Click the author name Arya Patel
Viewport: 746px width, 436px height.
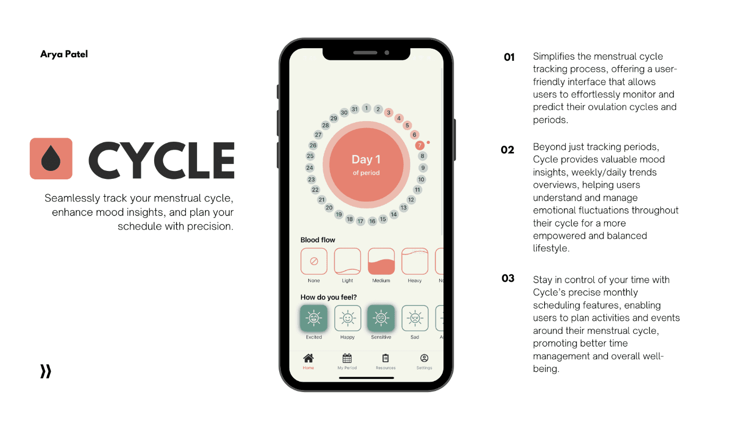(64, 54)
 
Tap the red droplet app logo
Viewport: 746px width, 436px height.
(51, 159)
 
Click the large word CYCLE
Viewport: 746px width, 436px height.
(162, 160)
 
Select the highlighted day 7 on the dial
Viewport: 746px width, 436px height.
(420, 146)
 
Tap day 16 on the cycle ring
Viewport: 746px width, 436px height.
(372, 221)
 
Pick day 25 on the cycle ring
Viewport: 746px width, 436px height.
(310, 156)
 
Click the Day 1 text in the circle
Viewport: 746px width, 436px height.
(366, 160)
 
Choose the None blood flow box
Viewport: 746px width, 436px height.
(314, 261)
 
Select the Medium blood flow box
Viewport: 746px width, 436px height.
(381, 261)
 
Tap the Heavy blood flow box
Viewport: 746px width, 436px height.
(415, 261)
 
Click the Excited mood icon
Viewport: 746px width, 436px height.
(314, 318)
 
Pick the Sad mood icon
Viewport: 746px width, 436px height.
(415, 318)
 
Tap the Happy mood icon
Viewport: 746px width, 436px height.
(348, 318)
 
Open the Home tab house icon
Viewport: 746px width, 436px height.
(308, 358)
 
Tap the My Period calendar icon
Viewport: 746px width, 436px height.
(347, 358)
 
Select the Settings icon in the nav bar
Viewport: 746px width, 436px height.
(424, 358)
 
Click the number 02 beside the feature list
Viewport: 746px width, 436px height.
(508, 150)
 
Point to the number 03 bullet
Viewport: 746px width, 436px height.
(508, 278)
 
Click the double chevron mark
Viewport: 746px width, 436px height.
(46, 371)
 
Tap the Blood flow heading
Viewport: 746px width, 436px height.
(318, 240)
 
